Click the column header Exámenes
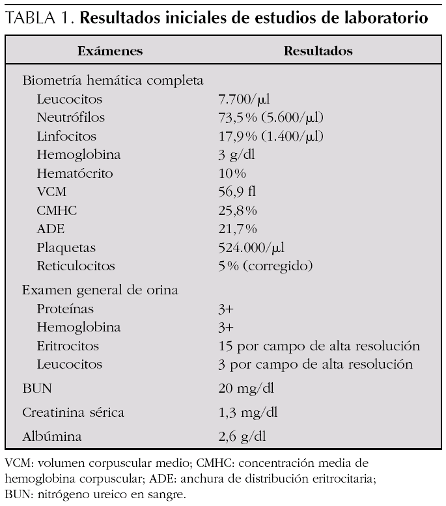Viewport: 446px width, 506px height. pyautogui.click(x=109, y=51)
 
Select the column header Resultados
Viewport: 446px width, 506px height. pyautogui.click(x=318, y=51)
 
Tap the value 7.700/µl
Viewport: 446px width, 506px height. pyautogui.click(x=244, y=100)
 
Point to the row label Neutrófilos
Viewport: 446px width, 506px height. pyautogui.click(x=70, y=118)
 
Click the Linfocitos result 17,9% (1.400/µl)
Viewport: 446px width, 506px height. pyautogui.click(x=271, y=137)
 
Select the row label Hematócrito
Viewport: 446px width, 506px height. pyautogui.click(x=75, y=174)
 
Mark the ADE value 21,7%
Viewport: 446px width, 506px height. pyautogui.click(x=238, y=229)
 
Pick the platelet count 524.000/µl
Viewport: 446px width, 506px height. pyautogui.click(x=251, y=247)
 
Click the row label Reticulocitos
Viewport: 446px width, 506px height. pyautogui.click(x=76, y=266)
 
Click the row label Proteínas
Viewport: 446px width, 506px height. pyautogui.click(x=65, y=309)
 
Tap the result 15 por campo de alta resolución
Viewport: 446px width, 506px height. pyautogui.click(x=319, y=346)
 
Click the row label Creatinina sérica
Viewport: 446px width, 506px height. pyautogui.click(x=73, y=413)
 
